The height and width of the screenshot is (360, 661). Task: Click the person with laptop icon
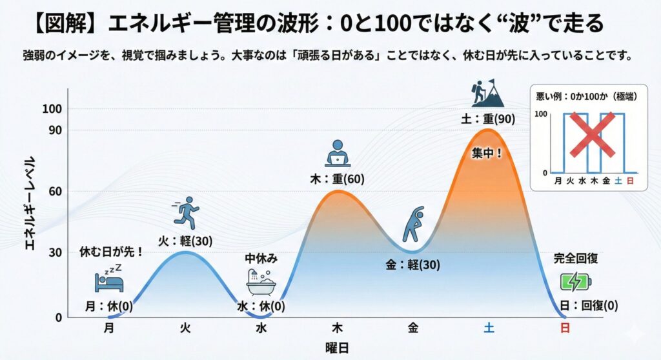pos(336,154)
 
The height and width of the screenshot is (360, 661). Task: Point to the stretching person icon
pos(413,223)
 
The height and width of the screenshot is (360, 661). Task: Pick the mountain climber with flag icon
pos(487,94)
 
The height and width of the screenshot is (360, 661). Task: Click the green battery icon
pos(575,282)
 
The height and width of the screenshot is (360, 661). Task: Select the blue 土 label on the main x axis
pos(489,328)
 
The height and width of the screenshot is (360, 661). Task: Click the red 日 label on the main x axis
pos(565,328)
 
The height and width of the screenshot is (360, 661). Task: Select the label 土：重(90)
pos(489,119)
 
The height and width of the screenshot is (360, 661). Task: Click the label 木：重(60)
pos(337,178)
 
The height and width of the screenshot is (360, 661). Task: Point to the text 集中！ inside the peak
pos(488,155)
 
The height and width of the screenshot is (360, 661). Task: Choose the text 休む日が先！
pos(111,251)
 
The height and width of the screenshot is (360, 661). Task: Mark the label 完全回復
pos(576,259)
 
